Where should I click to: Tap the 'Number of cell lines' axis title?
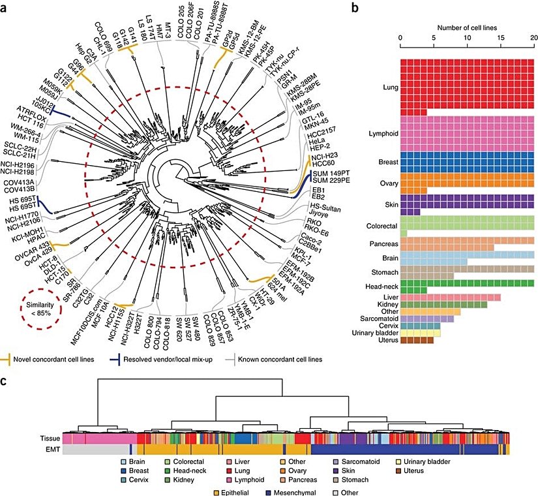point(467,27)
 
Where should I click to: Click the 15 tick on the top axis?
point(500,39)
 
